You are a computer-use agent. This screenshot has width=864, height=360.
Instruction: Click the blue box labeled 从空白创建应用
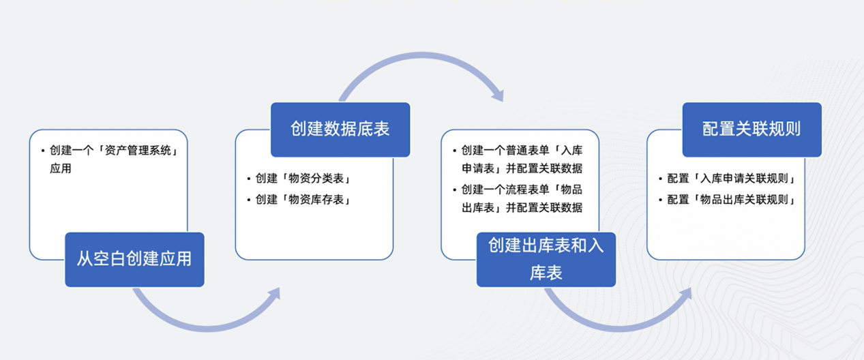click(134, 259)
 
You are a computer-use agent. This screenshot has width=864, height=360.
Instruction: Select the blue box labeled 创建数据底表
click(340, 130)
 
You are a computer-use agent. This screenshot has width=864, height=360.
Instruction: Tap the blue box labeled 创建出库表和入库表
click(546, 259)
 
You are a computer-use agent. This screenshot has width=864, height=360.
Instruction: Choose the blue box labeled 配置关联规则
click(751, 130)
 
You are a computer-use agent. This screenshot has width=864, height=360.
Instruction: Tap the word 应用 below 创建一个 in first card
click(60, 168)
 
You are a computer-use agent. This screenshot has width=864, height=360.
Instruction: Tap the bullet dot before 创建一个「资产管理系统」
click(43, 150)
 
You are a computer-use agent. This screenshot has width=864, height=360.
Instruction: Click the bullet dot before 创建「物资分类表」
click(249, 179)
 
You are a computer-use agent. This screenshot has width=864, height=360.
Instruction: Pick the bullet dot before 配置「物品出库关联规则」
click(660, 200)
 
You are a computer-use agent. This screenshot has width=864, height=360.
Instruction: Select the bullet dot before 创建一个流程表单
click(455, 190)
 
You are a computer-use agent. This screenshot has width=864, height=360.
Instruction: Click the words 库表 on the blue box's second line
click(546, 273)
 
